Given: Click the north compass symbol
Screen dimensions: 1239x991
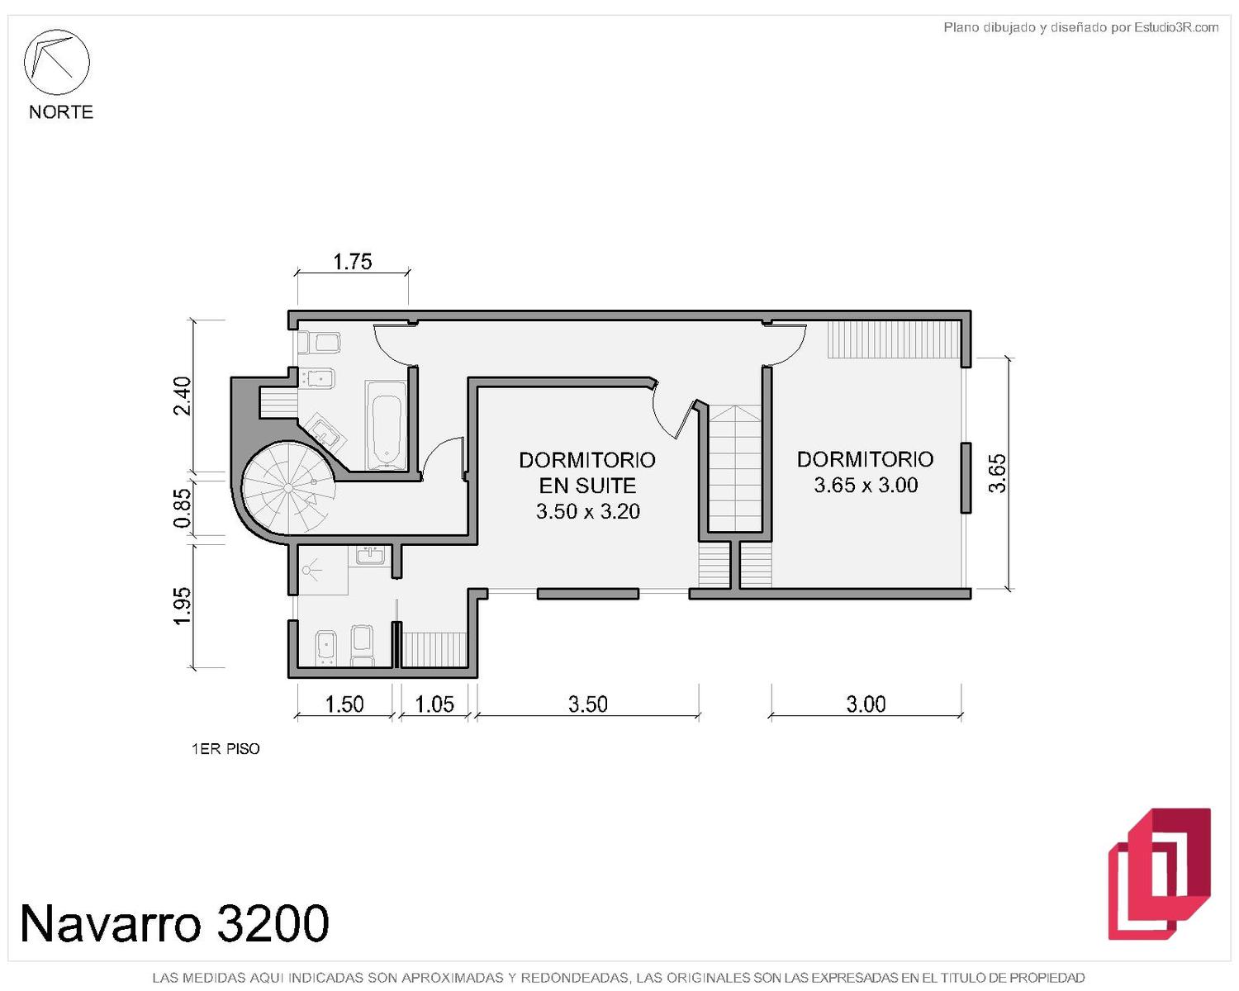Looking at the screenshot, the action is [56, 62].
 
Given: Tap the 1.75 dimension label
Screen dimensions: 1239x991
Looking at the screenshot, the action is [353, 262].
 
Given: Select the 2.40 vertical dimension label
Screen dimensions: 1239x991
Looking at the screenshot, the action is [183, 396].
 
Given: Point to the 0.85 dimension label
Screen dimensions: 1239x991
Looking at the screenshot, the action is [183, 508].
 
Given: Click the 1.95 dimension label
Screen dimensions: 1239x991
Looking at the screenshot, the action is [183, 605].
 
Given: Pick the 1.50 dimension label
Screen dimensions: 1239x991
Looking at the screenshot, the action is [344, 704].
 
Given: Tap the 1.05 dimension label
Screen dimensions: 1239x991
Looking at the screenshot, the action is [434, 704].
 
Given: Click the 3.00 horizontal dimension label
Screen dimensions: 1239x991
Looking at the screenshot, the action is [866, 704].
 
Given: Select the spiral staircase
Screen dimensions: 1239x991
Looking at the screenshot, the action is [288, 488].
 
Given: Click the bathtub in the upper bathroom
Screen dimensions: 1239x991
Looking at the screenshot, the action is [387, 425].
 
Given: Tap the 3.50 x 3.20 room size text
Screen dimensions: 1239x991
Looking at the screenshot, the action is [587, 511].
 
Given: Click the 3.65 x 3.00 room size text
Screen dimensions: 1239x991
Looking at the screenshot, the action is [866, 485].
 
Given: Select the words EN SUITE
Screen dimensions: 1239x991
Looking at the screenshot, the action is [587, 486].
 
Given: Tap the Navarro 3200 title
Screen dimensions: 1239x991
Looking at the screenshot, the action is [174, 923].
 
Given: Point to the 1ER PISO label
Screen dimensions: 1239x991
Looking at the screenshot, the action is [225, 749].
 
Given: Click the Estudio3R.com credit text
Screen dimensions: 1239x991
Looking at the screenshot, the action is [1175, 27].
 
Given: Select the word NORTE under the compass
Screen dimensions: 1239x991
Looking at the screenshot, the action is [61, 112].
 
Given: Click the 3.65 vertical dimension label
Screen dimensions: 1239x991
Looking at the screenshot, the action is [997, 473].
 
